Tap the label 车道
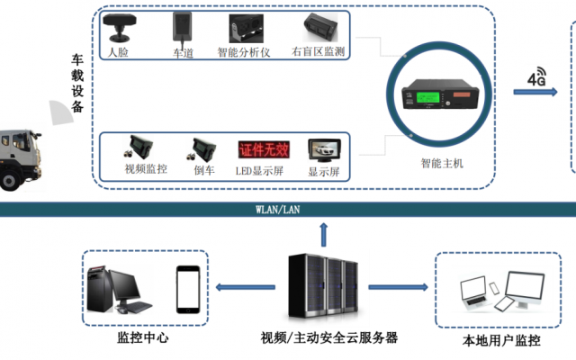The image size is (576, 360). [184, 53]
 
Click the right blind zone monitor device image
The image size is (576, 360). [320, 29]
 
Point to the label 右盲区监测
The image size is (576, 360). [320, 53]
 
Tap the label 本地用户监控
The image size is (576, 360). [501, 340]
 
